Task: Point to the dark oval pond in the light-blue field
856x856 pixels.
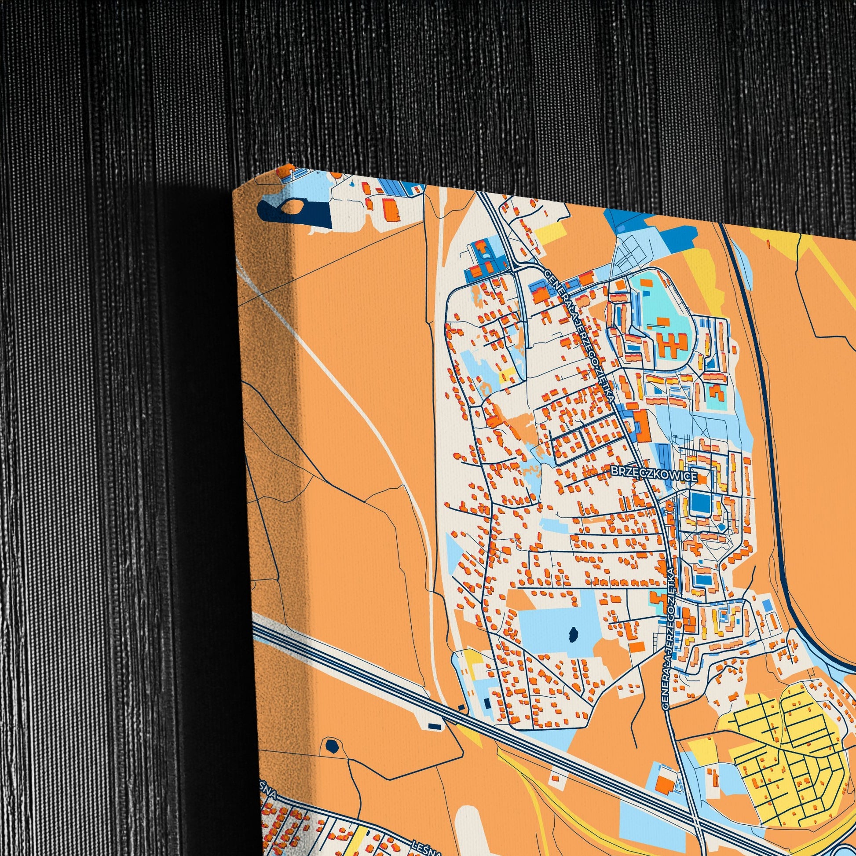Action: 573,634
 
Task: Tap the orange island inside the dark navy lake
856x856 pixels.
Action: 290,206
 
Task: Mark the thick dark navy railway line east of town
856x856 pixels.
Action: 762,399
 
